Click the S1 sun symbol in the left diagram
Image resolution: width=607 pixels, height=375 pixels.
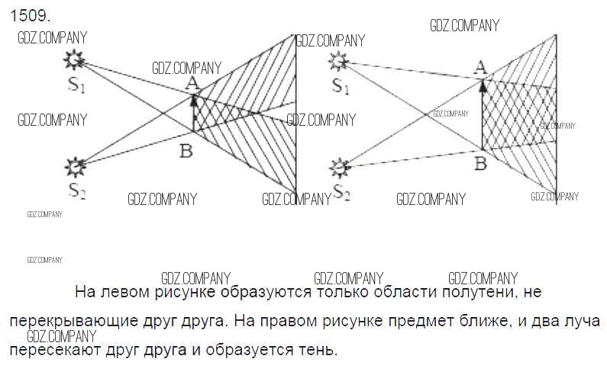point(73,59)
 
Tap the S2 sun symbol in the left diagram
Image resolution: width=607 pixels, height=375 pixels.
point(75,165)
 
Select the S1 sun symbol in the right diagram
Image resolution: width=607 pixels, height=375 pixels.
point(338,61)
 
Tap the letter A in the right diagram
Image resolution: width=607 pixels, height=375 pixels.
point(480,69)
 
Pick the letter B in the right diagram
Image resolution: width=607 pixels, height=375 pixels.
point(480,162)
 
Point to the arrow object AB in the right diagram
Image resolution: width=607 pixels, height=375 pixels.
point(483,114)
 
